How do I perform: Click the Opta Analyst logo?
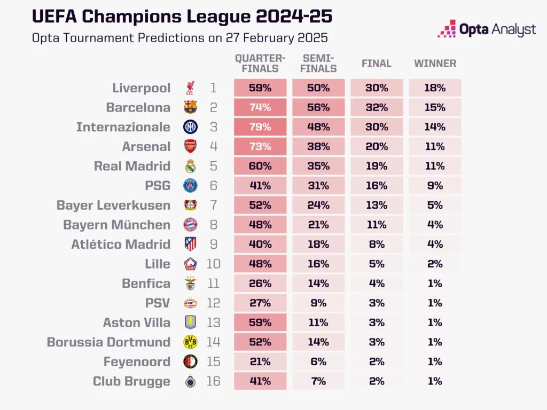486,29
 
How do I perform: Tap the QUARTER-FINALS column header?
260,64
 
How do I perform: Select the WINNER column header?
435,64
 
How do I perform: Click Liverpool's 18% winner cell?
435,88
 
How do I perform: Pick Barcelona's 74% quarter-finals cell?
260,107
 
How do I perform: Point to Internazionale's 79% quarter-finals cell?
260,127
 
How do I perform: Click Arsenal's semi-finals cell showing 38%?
318,147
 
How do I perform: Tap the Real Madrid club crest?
191,166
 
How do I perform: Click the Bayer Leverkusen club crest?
191,206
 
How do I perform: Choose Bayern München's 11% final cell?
377,225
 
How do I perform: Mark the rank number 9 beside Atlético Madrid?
213,245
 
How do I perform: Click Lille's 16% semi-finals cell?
318,264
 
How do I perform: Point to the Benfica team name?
146,283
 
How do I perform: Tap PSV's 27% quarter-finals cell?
260,303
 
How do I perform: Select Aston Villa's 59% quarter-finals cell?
260,322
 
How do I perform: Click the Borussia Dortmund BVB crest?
191,342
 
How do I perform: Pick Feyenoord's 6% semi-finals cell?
318,362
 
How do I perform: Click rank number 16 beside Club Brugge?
213,381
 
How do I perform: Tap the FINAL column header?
377,64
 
